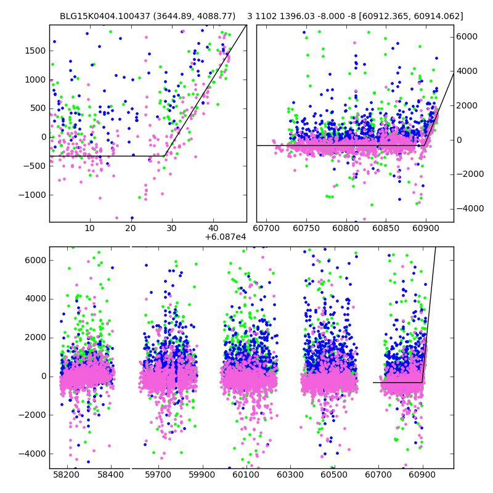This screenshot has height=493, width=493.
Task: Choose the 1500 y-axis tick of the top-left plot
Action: [36, 51]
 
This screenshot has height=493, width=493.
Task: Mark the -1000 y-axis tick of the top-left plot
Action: [32, 195]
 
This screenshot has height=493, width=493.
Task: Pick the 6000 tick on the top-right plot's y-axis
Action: [467, 37]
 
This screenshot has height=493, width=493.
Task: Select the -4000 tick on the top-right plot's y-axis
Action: [469, 209]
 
